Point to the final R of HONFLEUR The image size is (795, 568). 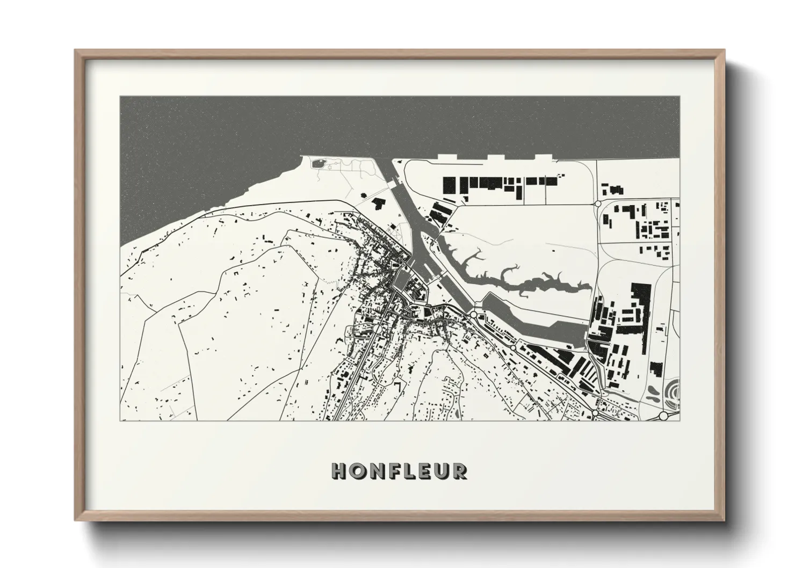[459, 471]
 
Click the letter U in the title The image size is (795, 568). [442, 471]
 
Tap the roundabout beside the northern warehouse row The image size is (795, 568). [597, 203]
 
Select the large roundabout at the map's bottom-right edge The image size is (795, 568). [663, 416]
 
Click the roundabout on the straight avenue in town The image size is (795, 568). [378, 328]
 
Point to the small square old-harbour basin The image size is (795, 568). [401, 280]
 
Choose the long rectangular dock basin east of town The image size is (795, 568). [537, 322]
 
